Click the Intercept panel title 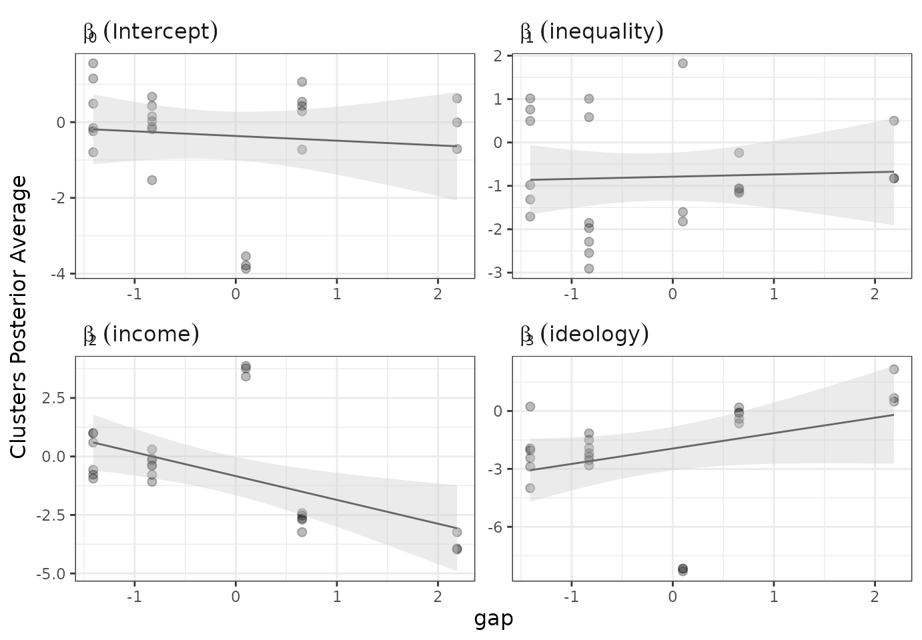(150, 32)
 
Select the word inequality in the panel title (601, 32)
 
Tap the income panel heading (141, 334)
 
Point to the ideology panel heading (584, 334)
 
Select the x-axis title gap (494, 619)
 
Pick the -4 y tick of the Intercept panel (61, 273)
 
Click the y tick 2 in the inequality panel (498, 56)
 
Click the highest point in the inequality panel (682, 63)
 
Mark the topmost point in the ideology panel (894, 369)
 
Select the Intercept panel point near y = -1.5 (152, 180)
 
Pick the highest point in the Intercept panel (93, 63)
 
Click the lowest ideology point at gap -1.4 (530, 488)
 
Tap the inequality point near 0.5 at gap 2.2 (894, 121)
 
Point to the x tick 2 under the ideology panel (875, 595)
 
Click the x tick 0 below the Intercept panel (236, 293)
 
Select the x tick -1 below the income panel (135, 595)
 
